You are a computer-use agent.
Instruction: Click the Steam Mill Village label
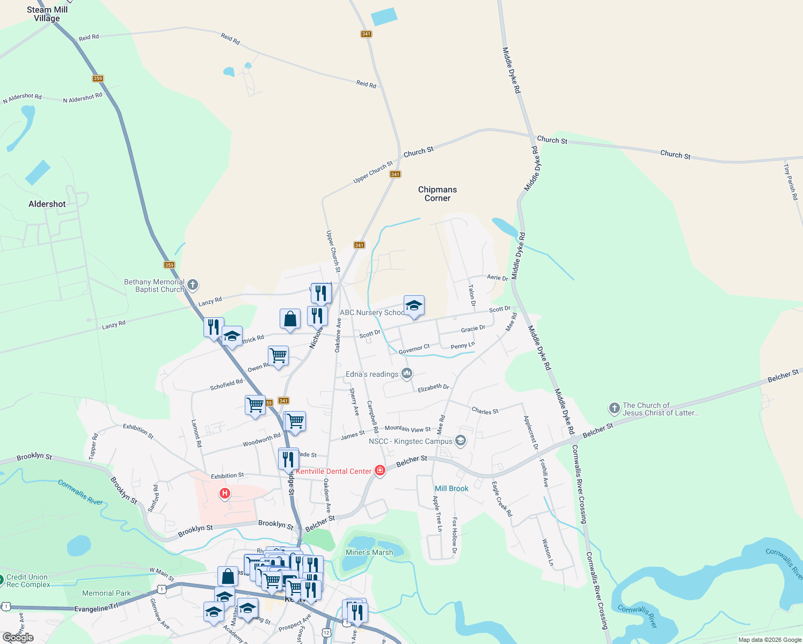(x=47, y=14)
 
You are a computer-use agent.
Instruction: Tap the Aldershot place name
(x=47, y=204)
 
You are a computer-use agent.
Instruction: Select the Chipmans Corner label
(x=437, y=194)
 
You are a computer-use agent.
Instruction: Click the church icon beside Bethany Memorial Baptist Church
(x=193, y=285)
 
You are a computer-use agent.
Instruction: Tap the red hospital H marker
(x=225, y=493)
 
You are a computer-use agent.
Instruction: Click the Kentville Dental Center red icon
(x=380, y=471)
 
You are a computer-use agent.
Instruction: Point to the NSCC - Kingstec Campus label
(x=411, y=441)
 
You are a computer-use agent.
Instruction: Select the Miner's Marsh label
(x=369, y=552)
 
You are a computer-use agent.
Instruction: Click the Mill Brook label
(x=451, y=488)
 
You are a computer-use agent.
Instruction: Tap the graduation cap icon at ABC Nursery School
(x=414, y=306)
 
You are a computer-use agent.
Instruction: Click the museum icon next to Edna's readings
(x=407, y=374)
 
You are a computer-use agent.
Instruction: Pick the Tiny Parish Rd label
(x=791, y=182)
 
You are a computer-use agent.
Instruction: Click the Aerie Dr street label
(x=497, y=277)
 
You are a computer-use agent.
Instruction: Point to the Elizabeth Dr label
(x=433, y=387)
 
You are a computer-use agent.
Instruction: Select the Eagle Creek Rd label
(x=502, y=499)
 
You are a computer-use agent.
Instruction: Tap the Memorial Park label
(x=106, y=593)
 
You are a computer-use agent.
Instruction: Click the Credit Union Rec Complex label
(x=28, y=581)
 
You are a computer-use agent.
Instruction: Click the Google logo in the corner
(x=18, y=638)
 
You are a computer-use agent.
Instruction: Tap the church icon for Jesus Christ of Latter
(x=615, y=408)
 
